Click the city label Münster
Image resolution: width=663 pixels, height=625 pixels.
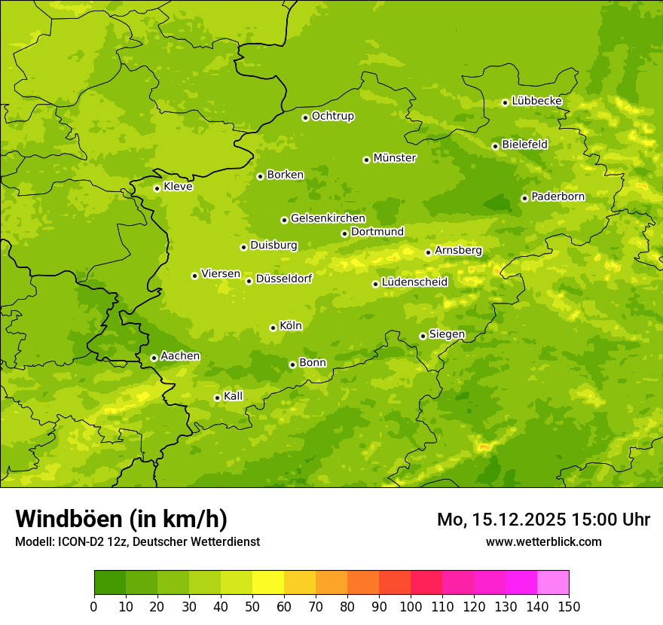[395, 158]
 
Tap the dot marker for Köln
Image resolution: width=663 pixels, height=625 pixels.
[273, 328]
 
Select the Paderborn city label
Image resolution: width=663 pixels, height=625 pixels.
[558, 197]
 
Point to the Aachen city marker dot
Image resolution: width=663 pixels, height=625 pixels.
[154, 358]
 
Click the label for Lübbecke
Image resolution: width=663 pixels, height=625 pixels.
[537, 101]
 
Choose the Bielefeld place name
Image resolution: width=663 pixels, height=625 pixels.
[525, 144]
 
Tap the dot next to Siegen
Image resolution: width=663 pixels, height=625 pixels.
[423, 336]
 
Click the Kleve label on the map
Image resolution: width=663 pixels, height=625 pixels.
[179, 187]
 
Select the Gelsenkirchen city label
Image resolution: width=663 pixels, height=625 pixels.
[328, 218]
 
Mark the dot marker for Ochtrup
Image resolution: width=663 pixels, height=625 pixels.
[305, 117]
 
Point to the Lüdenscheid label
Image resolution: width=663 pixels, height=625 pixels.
[415, 282]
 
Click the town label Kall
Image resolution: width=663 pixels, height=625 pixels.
[234, 396]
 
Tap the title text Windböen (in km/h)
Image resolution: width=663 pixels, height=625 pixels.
[121, 519]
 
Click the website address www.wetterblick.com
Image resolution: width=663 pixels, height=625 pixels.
[544, 541]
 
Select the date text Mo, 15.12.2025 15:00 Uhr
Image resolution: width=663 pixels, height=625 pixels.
[543, 520]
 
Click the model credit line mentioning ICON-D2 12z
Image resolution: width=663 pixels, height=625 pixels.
[137, 542]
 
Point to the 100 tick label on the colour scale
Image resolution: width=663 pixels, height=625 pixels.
[411, 607]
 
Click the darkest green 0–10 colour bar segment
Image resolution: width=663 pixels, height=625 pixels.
[110, 583]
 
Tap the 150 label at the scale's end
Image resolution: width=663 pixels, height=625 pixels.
[569, 607]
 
